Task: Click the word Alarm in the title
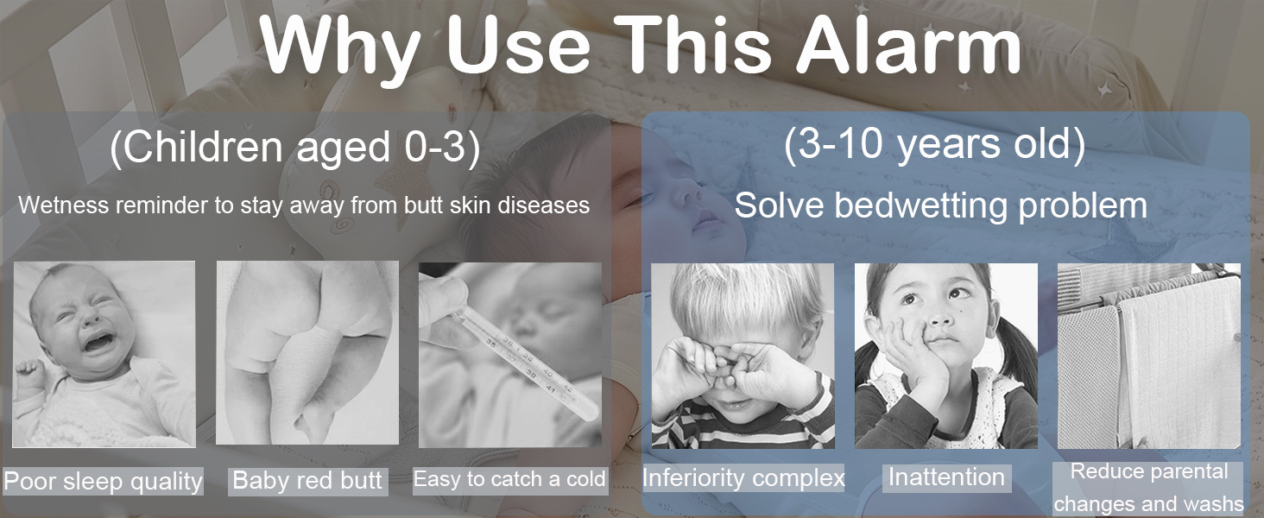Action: coord(908,45)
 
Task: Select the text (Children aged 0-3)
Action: coord(295,148)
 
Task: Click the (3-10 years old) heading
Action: coord(934,144)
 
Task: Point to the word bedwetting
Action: coord(921,205)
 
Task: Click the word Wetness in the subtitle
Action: coord(63,205)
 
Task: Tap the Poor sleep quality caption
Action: coord(103,482)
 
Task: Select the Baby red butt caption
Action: coord(307,481)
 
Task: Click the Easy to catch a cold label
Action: coord(509,479)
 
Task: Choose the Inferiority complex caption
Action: coord(743,477)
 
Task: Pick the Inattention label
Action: coord(946,477)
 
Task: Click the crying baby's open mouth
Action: coord(98,342)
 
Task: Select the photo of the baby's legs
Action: coord(307,352)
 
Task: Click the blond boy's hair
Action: coord(745,294)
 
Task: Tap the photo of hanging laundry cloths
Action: coord(1149,356)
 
